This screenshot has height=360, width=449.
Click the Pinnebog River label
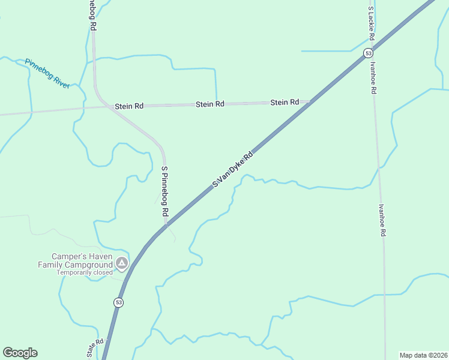coord(47,74)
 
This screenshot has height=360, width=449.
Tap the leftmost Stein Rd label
coord(130,106)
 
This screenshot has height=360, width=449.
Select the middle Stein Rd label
coord(210,104)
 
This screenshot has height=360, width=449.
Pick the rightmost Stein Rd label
coord(285,103)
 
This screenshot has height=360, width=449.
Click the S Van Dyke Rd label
coord(234,169)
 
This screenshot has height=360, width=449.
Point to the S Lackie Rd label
coord(372,24)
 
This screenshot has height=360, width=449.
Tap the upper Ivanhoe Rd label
coord(373,78)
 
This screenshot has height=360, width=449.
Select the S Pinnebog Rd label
coord(164,191)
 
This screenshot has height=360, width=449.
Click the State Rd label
coord(95,348)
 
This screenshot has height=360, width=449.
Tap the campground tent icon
coord(122,262)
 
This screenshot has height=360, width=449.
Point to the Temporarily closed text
coord(85,272)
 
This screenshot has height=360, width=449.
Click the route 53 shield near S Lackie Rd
coord(367,53)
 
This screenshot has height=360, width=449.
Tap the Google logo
coord(20,353)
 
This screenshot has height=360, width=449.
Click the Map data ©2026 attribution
coord(423,355)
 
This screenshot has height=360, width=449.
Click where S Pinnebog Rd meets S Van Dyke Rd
coord(166,226)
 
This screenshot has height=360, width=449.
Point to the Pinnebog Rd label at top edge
coord(92,16)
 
